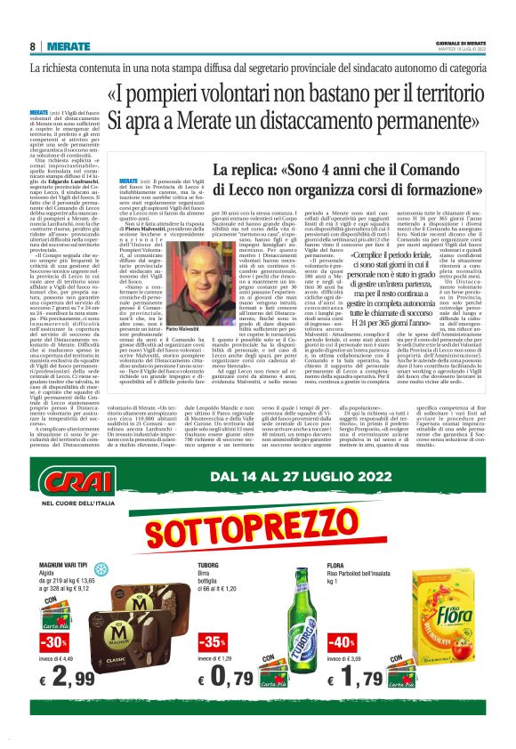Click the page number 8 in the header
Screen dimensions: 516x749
33,46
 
